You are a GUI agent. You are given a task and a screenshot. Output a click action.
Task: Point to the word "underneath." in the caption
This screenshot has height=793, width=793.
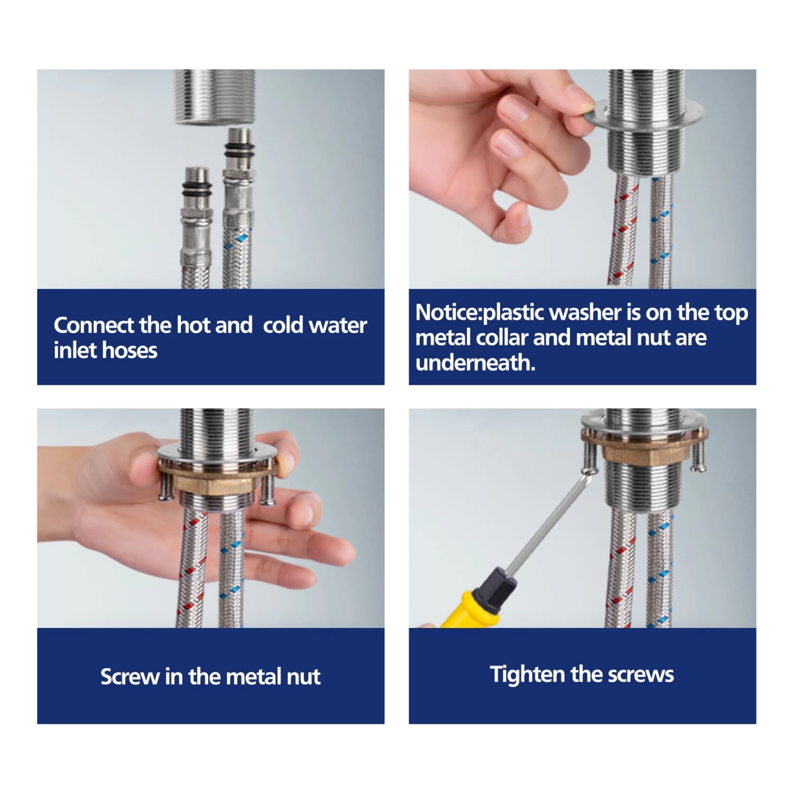[x=475, y=363]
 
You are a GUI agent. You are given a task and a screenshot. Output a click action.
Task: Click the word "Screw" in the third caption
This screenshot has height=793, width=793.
[x=130, y=677]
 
